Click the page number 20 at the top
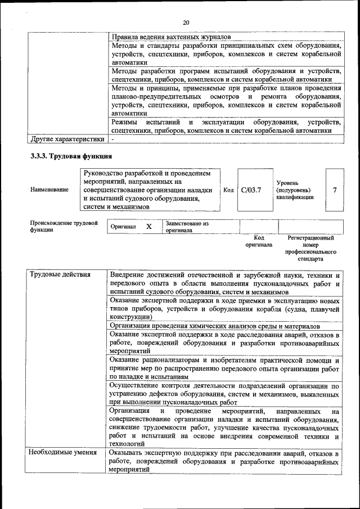(x=186, y=22)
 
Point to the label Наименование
(x=50, y=190)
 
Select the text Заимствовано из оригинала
(x=187, y=227)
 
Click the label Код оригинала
(x=258, y=241)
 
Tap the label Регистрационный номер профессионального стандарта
(x=310, y=249)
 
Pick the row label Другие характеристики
(x=67, y=138)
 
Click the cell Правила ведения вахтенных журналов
(x=171, y=37)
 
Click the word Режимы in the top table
(x=125, y=122)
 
